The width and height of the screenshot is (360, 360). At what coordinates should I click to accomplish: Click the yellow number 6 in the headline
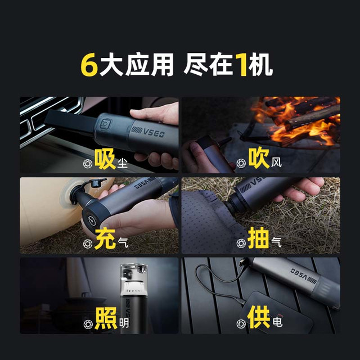(89, 65)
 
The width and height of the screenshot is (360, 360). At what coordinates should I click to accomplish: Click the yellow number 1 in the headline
(242, 65)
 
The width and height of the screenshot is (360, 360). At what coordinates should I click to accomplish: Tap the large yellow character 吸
(105, 159)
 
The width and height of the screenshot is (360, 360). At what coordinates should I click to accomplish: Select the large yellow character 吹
(259, 158)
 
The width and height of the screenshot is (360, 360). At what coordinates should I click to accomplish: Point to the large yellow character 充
(105, 238)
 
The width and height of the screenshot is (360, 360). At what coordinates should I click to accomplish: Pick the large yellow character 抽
(259, 238)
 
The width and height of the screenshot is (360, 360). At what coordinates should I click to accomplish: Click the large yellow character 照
(106, 318)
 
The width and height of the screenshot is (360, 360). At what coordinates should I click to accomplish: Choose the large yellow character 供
(259, 317)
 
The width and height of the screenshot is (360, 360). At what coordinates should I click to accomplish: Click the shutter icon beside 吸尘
(88, 164)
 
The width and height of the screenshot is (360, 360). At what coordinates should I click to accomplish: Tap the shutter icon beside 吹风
(241, 163)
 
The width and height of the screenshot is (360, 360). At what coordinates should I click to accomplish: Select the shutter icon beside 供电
(241, 324)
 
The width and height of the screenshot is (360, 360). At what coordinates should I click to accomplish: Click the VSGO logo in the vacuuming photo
(148, 132)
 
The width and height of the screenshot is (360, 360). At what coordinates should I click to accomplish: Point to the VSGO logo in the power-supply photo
(304, 276)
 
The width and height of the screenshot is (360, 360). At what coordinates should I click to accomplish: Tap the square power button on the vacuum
(106, 124)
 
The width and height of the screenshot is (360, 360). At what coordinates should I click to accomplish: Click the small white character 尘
(123, 163)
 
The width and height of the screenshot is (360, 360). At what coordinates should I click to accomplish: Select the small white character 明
(124, 323)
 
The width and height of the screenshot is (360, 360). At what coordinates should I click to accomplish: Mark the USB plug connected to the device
(244, 263)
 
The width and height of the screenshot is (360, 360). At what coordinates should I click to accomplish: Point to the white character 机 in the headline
(261, 65)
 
